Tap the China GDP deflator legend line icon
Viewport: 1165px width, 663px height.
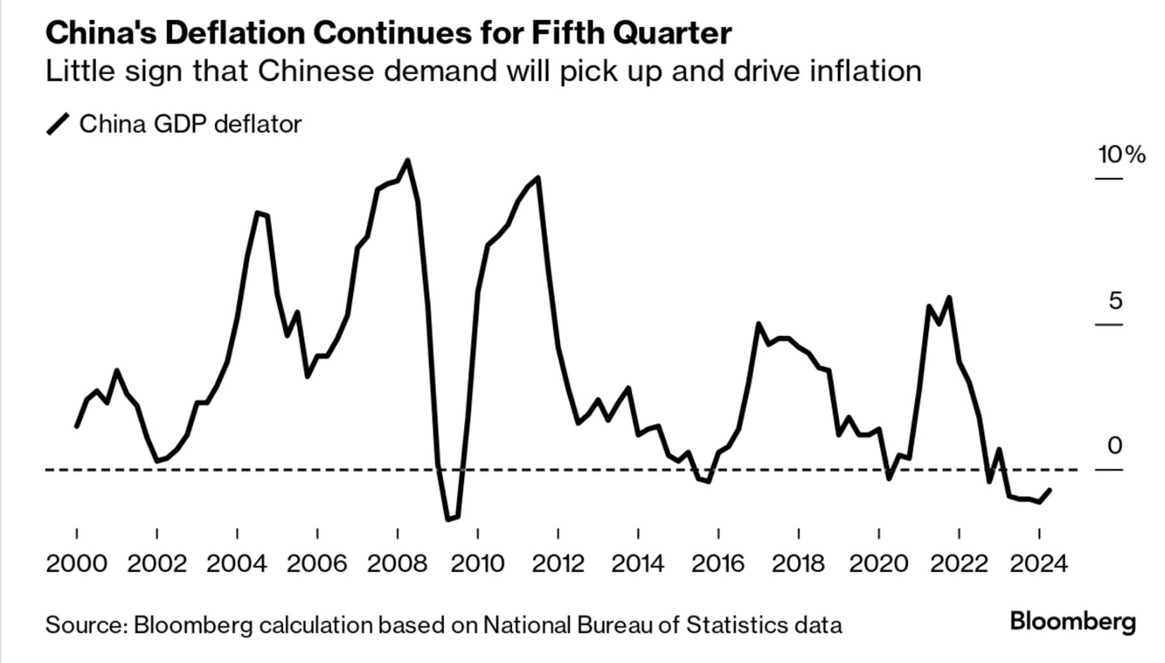tap(58, 124)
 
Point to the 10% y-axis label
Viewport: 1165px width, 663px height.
tap(1121, 154)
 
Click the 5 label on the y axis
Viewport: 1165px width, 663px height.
tap(1115, 301)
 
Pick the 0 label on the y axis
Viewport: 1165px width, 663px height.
tap(1114, 445)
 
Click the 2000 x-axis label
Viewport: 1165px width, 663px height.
tap(76, 564)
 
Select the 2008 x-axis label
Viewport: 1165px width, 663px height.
tap(397, 564)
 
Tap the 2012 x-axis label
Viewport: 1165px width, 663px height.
tap(558, 564)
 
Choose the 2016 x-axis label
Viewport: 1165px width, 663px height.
tap(718, 564)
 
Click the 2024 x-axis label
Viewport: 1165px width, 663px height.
tap(1039, 564)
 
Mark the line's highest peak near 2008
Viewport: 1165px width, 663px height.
tap(408, 161)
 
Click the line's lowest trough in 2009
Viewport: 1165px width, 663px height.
tap(448, 520)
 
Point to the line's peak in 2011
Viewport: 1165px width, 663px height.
tap(538, 178)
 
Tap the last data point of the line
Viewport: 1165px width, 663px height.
tap(1050, 490)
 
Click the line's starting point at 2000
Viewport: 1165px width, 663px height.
tap(76, 426)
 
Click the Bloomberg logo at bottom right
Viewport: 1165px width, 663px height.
tap(1072, 621)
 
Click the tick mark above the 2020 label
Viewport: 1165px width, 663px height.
tap(878, 533)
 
